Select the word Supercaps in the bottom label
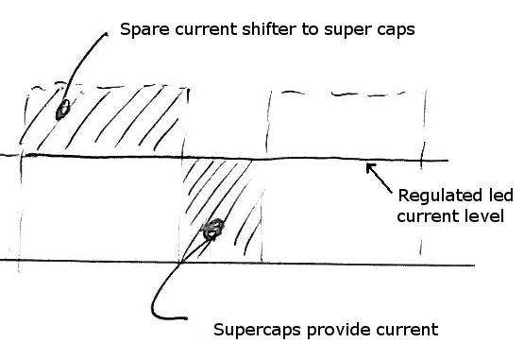(254, 331)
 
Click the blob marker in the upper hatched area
(62, 110)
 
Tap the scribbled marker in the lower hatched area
(213, 228)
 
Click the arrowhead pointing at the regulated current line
(369, 168)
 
